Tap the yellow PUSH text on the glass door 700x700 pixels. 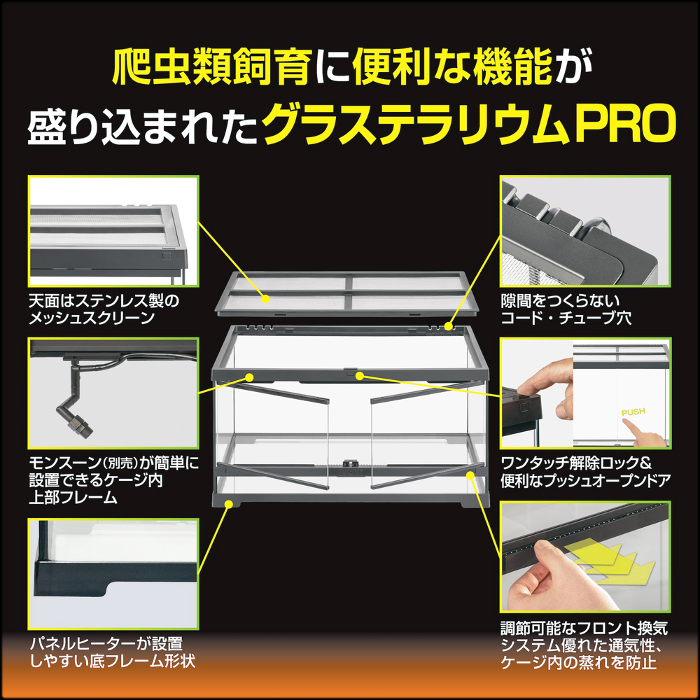tap(633, 412)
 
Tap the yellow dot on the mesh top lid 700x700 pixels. tap(266, 299)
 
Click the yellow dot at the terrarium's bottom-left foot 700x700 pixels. tap(228, 503)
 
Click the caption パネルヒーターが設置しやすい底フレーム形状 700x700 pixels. tap(111, 651)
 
